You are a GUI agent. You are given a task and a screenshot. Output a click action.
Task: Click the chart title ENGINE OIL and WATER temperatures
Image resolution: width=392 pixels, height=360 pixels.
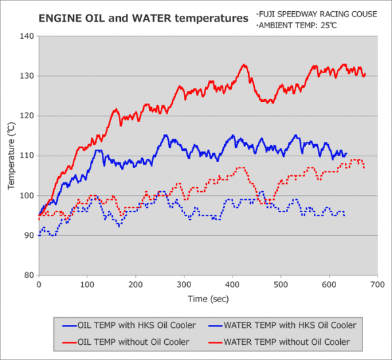click(x=144, y=18)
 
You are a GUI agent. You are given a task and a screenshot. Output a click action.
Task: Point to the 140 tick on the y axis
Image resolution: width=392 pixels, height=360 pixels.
click(x=27, y=36)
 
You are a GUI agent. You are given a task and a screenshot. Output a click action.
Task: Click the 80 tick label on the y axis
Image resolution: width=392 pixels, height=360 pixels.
click(x=30, y=275)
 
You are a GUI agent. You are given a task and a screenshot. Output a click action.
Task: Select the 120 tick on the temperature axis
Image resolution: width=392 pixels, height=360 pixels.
click(x=27, y=116)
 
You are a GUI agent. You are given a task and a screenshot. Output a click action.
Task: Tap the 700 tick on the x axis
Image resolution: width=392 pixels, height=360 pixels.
click(x=378, y=284)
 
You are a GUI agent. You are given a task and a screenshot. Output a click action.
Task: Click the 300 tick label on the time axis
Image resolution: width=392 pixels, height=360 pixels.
click(x=184, y=284)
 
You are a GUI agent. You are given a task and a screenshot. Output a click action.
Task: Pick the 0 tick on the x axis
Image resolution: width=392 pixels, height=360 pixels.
click(x=39, y=284)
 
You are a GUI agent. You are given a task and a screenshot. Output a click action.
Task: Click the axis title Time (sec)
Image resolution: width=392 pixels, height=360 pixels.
click(x=208, y=299)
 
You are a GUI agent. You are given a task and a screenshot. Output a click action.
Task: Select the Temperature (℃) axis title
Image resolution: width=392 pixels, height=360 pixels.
click(x=11, y=156)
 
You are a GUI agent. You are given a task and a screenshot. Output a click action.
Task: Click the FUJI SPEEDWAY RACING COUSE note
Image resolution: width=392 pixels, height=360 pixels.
click(x=316, y=14)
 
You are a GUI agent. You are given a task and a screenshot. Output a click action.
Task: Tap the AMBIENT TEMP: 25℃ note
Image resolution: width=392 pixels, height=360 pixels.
click(x=297, y=26)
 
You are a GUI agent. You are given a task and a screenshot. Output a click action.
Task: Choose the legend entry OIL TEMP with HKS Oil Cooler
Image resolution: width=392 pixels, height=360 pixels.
click(x=129, y=325)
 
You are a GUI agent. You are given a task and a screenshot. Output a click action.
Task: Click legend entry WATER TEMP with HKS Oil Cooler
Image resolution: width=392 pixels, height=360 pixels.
click(x=282, y=325)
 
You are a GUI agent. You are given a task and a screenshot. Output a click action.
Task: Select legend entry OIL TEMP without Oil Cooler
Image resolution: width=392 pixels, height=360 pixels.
click(x=126, y=342)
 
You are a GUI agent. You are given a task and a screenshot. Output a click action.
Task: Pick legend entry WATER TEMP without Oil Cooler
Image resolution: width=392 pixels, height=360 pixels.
click(x=279, y=342)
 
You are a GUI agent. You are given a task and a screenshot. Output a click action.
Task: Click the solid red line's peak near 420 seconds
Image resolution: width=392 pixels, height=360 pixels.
click(x=244, y=65)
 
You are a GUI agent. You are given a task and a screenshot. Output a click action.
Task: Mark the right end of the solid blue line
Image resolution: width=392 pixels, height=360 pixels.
click(x=347, y=153)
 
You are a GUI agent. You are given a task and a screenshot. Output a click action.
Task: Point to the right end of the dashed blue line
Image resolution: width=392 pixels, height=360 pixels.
click(x=345, y=215)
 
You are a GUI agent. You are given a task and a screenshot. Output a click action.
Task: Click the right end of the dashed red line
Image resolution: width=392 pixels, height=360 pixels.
click(x=364, y=168)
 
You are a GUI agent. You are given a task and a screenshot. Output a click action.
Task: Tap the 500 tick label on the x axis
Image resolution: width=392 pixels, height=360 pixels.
click(x=281, y=284)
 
